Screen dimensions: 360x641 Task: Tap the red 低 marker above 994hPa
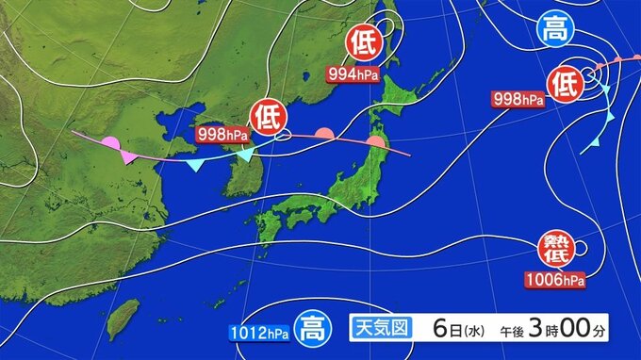pyautogui.click(x=362, y=42)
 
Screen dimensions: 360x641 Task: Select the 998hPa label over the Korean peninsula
pyautogui.click(x=222, y=134)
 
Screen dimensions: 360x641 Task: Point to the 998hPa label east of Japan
pyautogui.click(x=518, y=98)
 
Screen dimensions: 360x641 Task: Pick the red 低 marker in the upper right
pyautogui.click(x=565, y=84)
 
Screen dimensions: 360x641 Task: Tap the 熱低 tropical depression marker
pyautogui.click(x=555, y=249)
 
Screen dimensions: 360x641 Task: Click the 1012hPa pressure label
pyautogui.click(x=256, y=332)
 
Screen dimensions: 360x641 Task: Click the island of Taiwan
pyautogui.click(x=123, y=318)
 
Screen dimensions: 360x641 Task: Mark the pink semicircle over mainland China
pyautogui.click(x=109, y=146)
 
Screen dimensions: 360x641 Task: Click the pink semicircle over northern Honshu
pyautogui.click(x=376, y=141)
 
